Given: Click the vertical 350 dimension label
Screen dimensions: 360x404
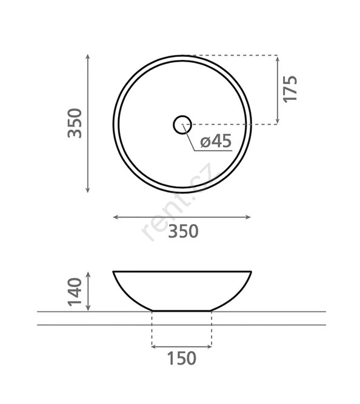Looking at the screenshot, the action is pos(75,123).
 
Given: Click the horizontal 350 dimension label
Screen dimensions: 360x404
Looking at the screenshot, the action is pos(184,231).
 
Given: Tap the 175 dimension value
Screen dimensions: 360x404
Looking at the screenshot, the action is pos(290,89).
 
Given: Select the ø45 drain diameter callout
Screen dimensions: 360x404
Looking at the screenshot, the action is pos(216,141).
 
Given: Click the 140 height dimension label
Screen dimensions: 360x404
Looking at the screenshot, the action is pos(75,292).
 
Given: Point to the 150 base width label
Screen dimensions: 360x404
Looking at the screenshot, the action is pos(182,358).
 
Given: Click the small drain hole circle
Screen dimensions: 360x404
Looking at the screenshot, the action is pos(182,125).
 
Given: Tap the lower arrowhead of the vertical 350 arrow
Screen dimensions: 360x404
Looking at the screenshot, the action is pos(88,191).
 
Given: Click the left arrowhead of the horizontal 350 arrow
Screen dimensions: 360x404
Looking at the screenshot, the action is pos(115,217).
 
